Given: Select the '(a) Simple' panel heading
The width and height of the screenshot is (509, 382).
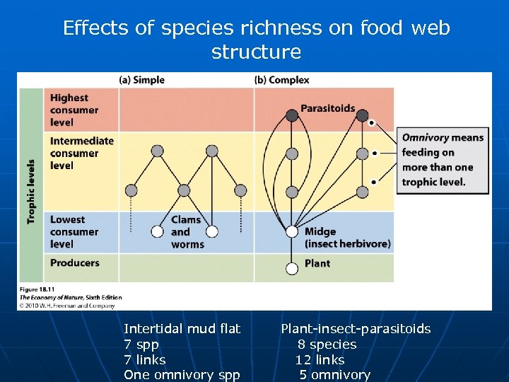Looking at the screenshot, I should pyautogui.click(x=141, y=80).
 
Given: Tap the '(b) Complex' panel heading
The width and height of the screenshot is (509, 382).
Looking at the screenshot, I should pyautogui.click(x=281, y=80).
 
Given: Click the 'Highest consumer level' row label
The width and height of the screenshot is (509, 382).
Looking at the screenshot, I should pyautogui.click(x=74, y=110).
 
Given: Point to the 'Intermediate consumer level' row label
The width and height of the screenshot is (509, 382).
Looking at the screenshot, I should pyautogui.click(x=81, y=153).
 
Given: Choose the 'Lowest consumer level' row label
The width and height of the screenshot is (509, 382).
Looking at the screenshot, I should pyautogui.click(x=74, y=232).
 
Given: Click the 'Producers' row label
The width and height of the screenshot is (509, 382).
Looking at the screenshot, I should pyautogui.click(x=74, y=263).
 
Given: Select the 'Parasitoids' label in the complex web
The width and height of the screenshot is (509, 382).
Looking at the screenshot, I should pyautogui.click(x=327, y=108).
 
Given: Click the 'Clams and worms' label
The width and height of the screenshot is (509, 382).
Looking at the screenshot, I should pyautogui.click(x=187, y=232).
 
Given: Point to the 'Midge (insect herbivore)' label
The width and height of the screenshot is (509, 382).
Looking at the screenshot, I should pyautogui.click(x=347, y=238).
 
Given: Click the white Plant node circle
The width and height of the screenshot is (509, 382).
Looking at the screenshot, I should pyautogui.click(x=292, y=268).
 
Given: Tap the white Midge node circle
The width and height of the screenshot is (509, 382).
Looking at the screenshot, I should pyautogui.click(x=292, y=231).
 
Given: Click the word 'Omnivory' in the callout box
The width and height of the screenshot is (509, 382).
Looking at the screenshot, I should pyautogui.click(x=426, y=138).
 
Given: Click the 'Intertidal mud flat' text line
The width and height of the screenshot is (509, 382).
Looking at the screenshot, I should pyautogui.click(x=182, y=328).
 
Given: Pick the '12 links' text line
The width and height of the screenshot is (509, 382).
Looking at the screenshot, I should pyautogui.click(x=320, y=359).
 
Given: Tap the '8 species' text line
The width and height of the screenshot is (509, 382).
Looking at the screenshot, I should pyautogui.click(x=327, y=344).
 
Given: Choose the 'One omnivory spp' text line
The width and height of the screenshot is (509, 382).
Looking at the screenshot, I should pyautogui.click(x=182, y=375).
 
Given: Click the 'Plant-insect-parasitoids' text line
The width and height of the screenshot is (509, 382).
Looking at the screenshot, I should pyautogui.click(x=356, y=328).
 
